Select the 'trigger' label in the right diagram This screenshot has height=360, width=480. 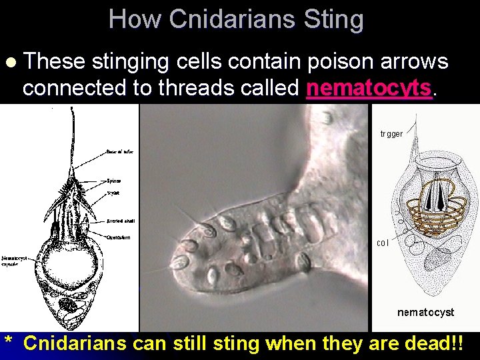coord(391,134)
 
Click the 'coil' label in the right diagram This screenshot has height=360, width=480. coord(383,243)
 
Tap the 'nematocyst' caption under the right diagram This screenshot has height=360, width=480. coord(425,312)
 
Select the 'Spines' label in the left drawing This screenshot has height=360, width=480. coord(115,181)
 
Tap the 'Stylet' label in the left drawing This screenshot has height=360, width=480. coord(114,193)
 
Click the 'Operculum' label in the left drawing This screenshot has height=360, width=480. coord(119,237)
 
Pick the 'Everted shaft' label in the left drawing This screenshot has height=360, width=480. coord(120,221)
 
